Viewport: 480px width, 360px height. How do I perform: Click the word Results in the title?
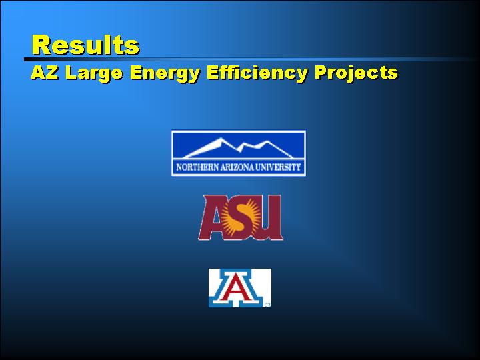pyautogui.click(x=86, y=45)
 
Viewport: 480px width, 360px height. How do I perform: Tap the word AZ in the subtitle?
pyautogui.click(x=45, y=73)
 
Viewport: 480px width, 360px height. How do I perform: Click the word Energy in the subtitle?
pyautogui.click(x=165, y=74)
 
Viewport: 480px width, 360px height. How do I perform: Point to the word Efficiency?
pyautogui.click(x=257, y=74)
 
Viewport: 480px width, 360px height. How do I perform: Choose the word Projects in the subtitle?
pyautogui.click(x=356, y=74)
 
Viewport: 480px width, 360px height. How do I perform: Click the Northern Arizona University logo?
pyautogui.click(x=239, y=153)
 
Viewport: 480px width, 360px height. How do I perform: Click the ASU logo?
pyautogui.click(x=241, y=217)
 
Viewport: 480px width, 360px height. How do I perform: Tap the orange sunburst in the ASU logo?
pyautogui.click(x=241, y=217)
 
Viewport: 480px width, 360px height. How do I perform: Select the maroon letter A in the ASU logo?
pyautogui.click(x=212, y=218)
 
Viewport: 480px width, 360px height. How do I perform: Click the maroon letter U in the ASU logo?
pyautogui.click(x=269, y=217)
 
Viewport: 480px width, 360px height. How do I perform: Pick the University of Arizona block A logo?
pyautogui.click(x=240, y=288)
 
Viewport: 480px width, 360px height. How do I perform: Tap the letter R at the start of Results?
pyautogui.click(x=41, y=45)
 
